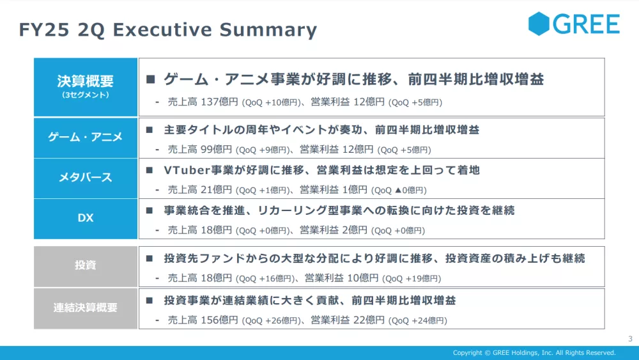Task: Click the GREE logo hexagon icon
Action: [x=539, y=24]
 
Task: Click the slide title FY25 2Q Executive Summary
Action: [x=168, y=30]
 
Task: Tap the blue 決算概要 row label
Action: [x=86, y=87]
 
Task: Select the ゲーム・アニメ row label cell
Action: [x=86, y=137]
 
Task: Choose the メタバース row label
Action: [x=86, y=178]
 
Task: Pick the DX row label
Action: [x=86, y=218]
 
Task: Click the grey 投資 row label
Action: [x=86, y=266]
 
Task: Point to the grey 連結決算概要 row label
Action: [x=86, y=308]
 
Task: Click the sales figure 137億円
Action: [x=219, y=102]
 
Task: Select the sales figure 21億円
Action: [x=216, y=189]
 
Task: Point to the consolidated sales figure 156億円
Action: [x=219, y=320]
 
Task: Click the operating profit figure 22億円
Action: [x=369, y=320]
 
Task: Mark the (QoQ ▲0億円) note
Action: [x=399, y=191]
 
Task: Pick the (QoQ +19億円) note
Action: [x=412, y=278]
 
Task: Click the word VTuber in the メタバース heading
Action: [x=187, y=170]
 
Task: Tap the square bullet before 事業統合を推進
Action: [x=150, y=210]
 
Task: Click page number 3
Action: [x=630, y=338]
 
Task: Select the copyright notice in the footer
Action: [x=534, y=353]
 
